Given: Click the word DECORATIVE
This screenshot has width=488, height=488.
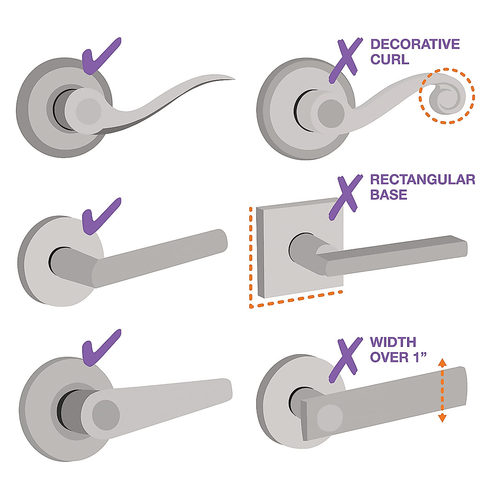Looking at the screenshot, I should [415, 44].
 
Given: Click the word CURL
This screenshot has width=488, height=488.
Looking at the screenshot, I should [390, 59].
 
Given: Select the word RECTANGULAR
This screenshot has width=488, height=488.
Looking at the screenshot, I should [423, 179].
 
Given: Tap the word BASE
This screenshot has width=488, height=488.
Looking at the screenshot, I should [388, 194].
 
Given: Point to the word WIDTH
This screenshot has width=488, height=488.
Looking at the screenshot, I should [393, 342].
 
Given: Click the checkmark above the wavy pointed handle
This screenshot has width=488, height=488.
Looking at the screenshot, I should [100, 56].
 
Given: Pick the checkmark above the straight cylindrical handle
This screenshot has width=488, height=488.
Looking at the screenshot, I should [100, 216].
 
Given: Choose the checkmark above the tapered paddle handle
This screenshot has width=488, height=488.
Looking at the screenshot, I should [100, 348].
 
